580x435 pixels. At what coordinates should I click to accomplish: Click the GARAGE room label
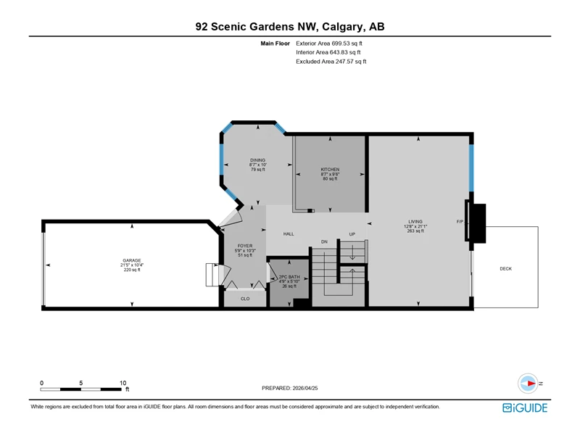tap(132, 260)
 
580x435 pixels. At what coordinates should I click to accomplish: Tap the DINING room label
tap(257, 160)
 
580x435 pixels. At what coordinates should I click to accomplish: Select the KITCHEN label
tap(330, 170)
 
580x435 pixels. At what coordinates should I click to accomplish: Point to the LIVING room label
tap(415, 222)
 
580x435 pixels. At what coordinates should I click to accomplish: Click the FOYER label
tap(245, 246)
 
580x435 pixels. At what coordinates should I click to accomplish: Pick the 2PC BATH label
tap(289, 277)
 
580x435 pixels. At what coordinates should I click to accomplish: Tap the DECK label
tap(505, 268)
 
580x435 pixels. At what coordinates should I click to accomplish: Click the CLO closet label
tap(245, 299)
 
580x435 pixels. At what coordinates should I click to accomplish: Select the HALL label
tap(289, 233)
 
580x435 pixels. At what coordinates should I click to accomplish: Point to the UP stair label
tap(352, 234)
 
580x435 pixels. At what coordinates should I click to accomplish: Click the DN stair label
tap(324, 242)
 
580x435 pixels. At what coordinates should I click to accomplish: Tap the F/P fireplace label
tap(460, 222)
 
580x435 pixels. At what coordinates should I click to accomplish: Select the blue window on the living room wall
tap(472, 167)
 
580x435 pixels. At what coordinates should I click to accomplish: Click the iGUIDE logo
tap(525, 407)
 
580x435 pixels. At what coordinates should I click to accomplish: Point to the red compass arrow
tap(531, 384)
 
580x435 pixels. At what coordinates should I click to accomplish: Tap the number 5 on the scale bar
tap(80, 383)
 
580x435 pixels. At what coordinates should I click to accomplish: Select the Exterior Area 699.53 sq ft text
tap(329, 43)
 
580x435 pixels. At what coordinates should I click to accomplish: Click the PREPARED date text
tap(289, 388)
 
